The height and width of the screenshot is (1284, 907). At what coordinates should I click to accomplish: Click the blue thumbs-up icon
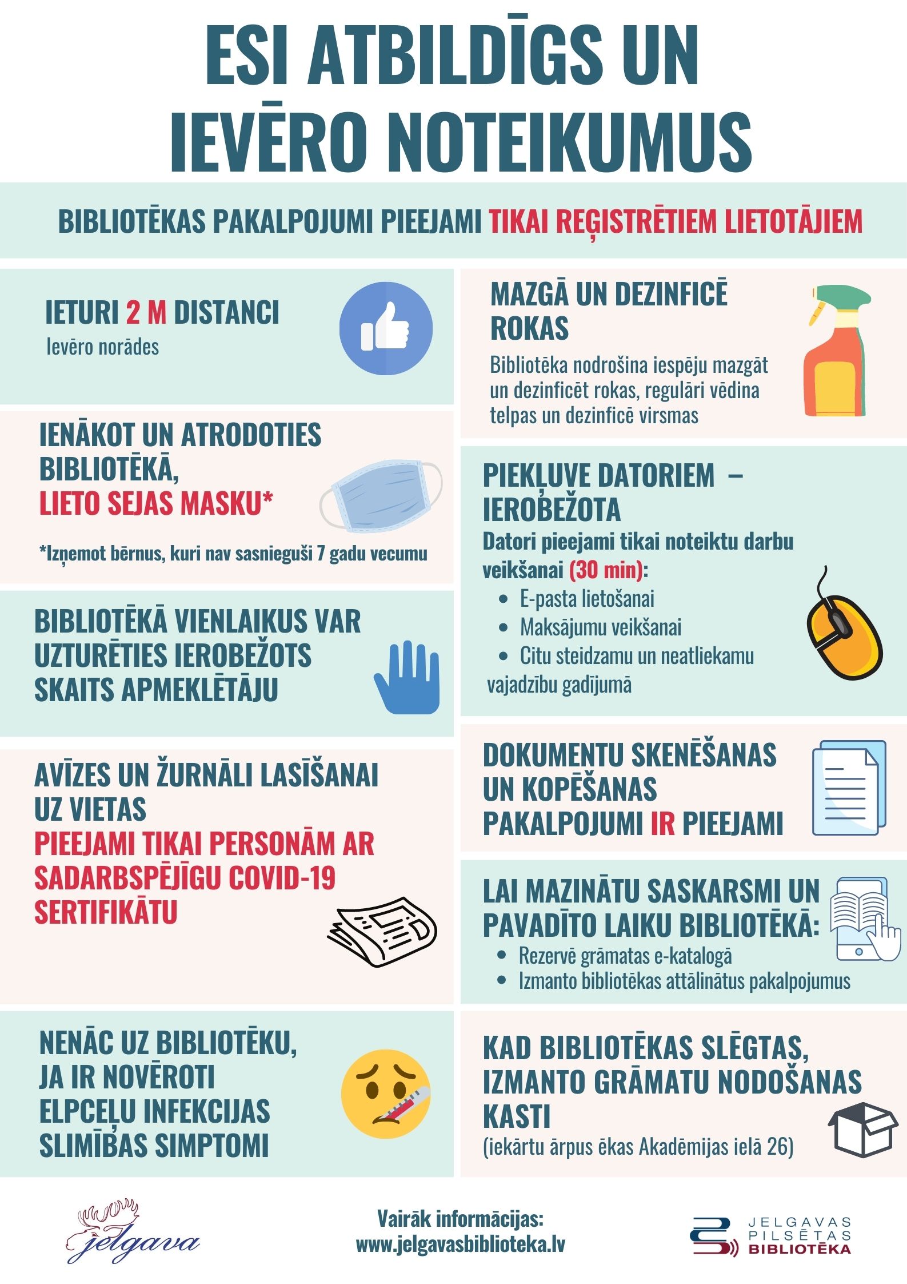coord(386,328)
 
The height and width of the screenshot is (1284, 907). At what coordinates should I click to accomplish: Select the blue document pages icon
coord(849,788)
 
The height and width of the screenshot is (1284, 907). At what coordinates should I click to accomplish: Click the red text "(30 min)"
coord(606,570)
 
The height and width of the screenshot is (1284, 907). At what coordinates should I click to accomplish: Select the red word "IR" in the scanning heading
coord(662,824)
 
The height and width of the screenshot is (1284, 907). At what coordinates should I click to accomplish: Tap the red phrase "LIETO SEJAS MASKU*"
coord(155,503)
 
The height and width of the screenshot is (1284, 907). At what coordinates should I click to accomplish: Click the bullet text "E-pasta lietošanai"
coord(586,599)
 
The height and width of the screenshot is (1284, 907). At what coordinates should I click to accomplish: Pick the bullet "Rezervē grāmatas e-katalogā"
coord(625,956)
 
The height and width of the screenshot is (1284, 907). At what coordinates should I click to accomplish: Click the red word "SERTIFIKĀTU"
coord(106,912)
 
